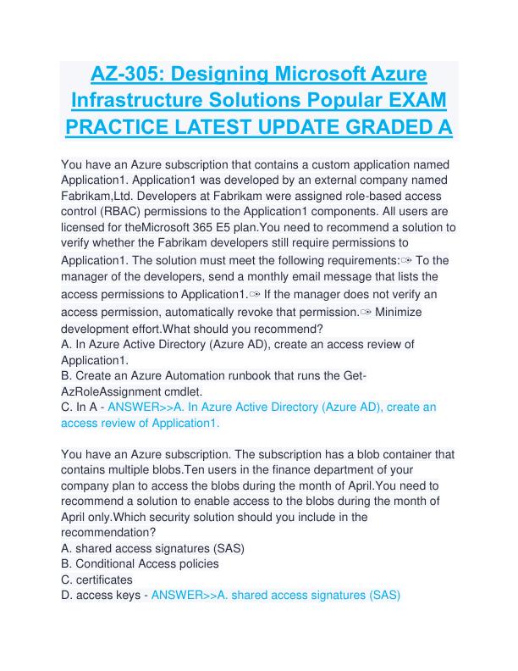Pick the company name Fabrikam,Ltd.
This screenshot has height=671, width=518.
click(x=96, y=196)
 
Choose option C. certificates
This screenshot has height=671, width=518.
click(x=97, y=579)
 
